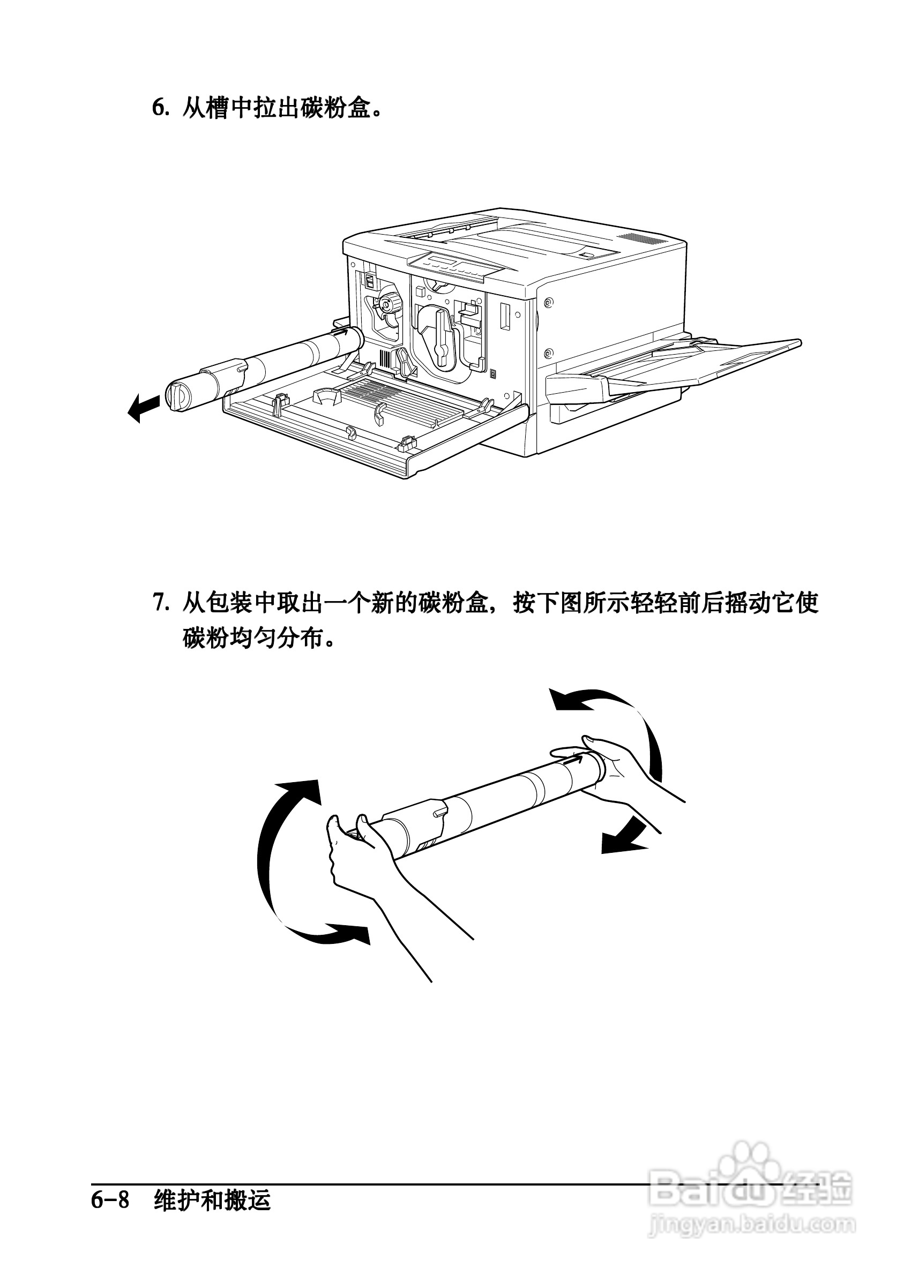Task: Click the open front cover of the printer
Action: coord(376,426)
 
